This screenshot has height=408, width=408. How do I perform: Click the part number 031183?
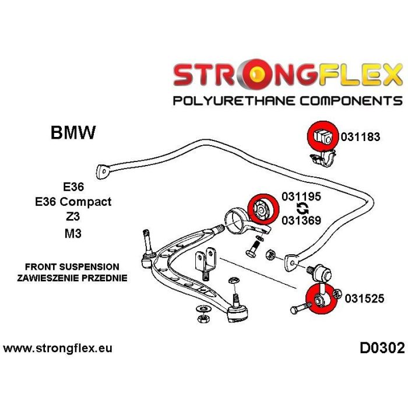point(360,138)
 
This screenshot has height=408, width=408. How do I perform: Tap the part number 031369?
point(301,220)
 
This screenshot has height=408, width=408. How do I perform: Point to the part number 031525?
point(364,298)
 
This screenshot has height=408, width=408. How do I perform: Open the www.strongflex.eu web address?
point(58,349)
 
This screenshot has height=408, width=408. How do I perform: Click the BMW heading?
point(73,132)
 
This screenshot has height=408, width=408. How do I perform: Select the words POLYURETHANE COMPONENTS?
point(287,101)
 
